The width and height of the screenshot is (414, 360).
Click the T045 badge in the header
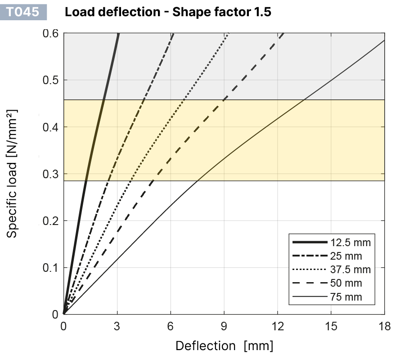tap(26, 12)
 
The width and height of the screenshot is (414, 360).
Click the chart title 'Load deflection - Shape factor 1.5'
tap(168, 12)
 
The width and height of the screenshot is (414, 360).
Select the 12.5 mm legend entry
tap(350, 243)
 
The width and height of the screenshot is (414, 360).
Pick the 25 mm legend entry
tap(346, 256)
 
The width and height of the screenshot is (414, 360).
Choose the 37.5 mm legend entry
tap(350, 270)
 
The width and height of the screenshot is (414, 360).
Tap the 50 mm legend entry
tap(346, 283)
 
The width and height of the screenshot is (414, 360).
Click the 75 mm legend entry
tap(346, 297)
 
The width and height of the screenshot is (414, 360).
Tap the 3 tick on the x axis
tap(117, 326)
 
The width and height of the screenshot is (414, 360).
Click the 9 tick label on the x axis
tap(224, 326)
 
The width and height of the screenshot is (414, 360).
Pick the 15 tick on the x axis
tap(331, 326)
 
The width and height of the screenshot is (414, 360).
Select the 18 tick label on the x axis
tap(384, 326)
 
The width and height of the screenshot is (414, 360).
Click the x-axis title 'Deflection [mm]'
tap(224, 346)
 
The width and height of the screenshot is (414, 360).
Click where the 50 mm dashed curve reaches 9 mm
tap(224, 99)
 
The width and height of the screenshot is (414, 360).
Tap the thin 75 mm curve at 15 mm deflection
tap(331, 80)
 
